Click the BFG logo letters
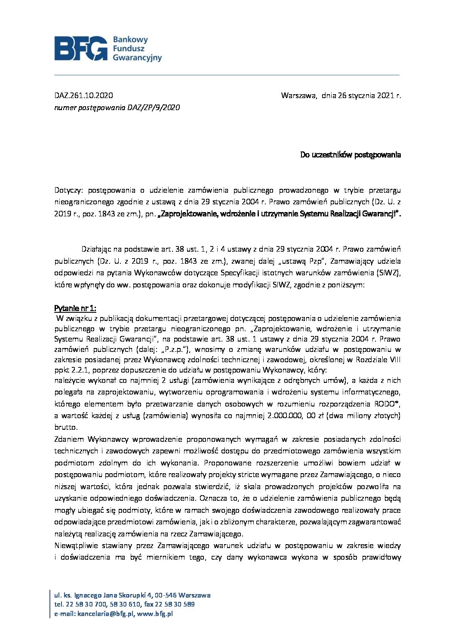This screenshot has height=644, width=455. pos(81,48)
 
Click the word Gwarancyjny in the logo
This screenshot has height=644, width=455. pos(137,58)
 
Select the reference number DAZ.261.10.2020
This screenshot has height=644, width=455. pos(83,96)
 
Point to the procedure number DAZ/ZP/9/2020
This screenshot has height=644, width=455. pos(154,108)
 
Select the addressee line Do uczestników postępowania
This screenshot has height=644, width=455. pos(350,155)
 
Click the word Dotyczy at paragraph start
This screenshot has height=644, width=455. pos(68,190)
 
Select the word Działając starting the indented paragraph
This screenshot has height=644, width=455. pos(97,249)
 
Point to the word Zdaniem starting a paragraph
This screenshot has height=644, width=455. pos(69,439)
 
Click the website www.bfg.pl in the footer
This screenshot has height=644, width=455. pos(155,614)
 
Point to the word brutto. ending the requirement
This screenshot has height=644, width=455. pos(66,427)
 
